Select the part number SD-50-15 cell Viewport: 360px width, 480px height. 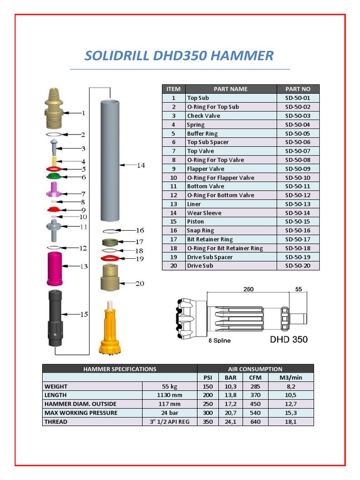[x=298, y=222]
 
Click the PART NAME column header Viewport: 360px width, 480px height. [x=230, y=89]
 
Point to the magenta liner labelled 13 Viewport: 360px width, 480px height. [x=55, y=268]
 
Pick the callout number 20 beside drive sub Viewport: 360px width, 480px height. [x=140, y=284]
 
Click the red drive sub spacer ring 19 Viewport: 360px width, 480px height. [x=111, y=258]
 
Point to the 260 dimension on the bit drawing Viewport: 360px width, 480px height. [x=248, y=289]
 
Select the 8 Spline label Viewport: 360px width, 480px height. [x=219, y=341]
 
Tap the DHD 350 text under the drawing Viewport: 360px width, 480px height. [x=289, y=339]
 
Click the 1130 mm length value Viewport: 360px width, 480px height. [x=170, y=395]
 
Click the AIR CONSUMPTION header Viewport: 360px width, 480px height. [x=255, y=369]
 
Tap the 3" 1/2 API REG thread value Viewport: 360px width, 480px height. [x=170, y=422]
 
